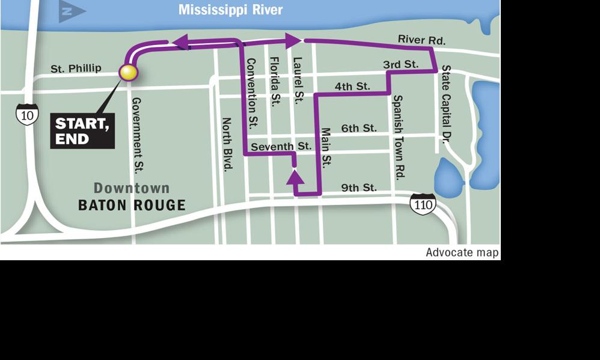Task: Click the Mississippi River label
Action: (x=231, y=10)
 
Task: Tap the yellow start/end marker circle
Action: (x=129, y=73)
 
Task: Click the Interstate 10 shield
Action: (x=27, y=114)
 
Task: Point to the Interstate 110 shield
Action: (x=423, y=205)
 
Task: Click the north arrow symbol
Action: (x=72, y=11)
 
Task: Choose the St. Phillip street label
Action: (x=76, y=69)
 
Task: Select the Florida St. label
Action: (x=275, y=82)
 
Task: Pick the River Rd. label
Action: (x=421, y=40)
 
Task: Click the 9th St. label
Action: (x=359, y=188)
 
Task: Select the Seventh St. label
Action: (x=281, y=146)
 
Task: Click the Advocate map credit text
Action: (x=462, y=252)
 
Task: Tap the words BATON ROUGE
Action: (x=132, y=206)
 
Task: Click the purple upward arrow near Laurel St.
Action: (x=295, y=177)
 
